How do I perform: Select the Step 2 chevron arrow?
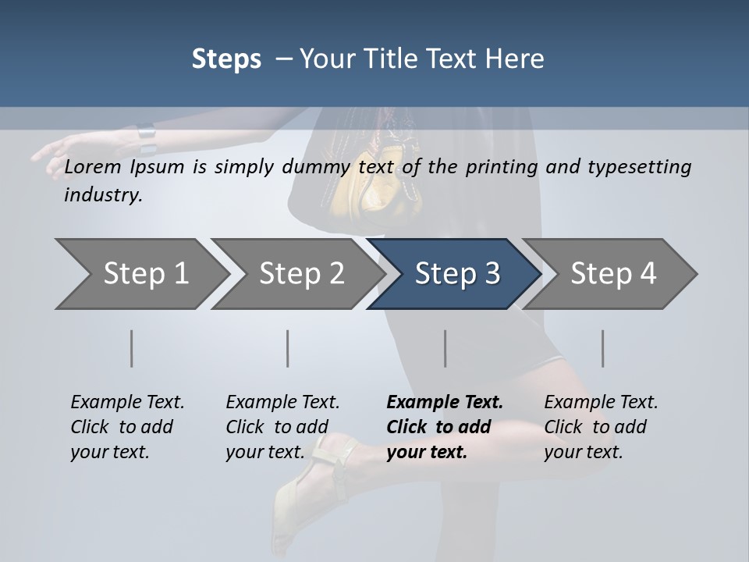[300, 274]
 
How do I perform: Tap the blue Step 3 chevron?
[456, 274]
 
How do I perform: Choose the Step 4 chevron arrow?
[612, 274]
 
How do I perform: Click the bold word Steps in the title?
[226, 59]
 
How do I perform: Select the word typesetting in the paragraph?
[644, 166]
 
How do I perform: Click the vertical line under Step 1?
[132, 348]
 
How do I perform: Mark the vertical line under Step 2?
[288, 348]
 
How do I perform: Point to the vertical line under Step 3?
[445, 348]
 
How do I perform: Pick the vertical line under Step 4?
[602, 348]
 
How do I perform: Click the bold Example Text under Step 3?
[445, 403]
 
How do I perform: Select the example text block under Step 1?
[126, 427]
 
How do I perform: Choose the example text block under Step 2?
[282, 427]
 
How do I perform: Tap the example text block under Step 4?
[600, 427]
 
